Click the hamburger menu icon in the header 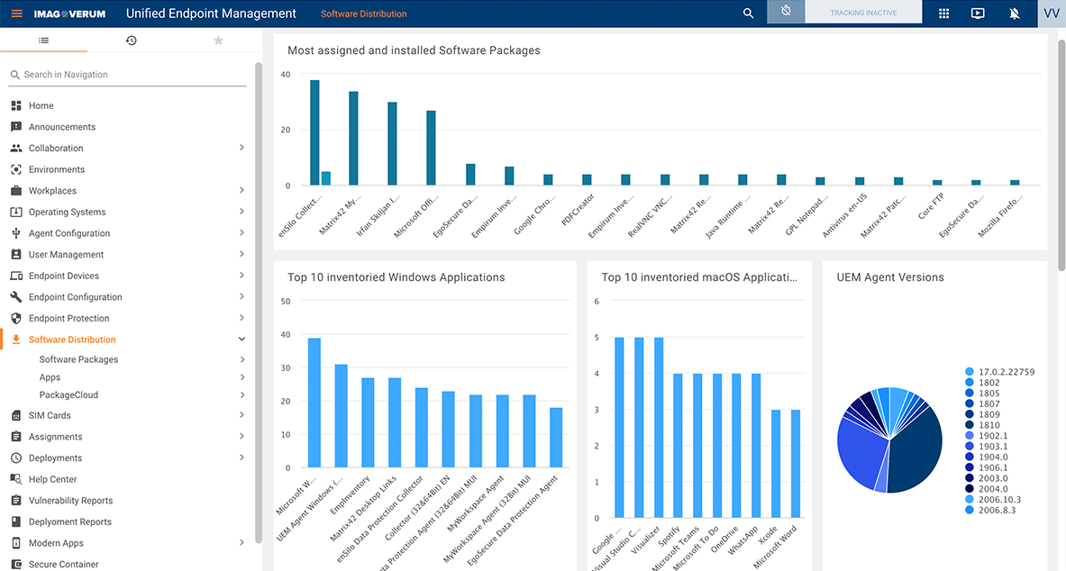16,14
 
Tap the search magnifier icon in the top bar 748,14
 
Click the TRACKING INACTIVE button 862,14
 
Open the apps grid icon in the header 943,14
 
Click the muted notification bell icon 1015,14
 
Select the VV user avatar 1051,14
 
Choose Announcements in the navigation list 62,127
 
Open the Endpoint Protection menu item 68,318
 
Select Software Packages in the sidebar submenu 78,359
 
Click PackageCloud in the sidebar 68,394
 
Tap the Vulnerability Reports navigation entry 70,501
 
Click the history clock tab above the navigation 131,41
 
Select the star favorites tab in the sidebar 218,41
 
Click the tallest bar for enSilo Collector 314,132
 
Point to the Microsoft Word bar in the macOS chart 796,464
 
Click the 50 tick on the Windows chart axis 286,302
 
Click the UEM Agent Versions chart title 889,277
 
